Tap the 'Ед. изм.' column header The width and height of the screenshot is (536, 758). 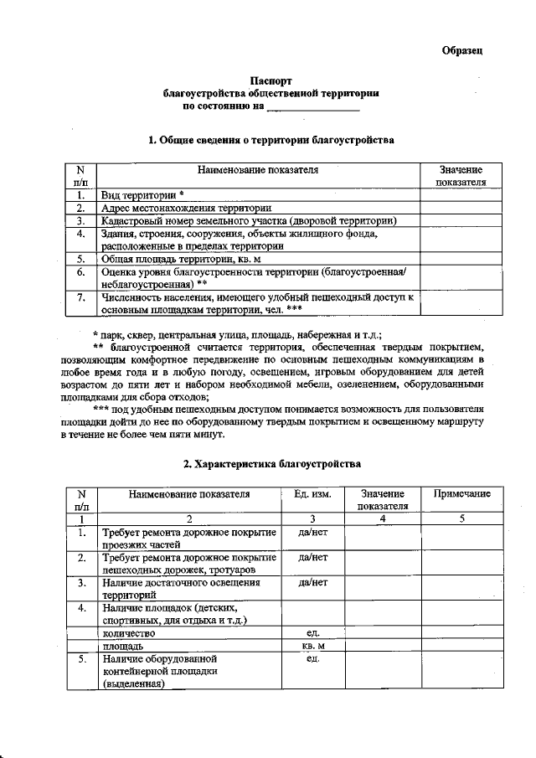[x=313, y=494]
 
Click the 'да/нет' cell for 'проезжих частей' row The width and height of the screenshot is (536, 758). [x=312, y=532]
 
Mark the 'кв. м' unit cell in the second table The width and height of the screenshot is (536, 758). [x=312, y=647]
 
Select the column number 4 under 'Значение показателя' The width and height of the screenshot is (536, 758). [x=382, y=518]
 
